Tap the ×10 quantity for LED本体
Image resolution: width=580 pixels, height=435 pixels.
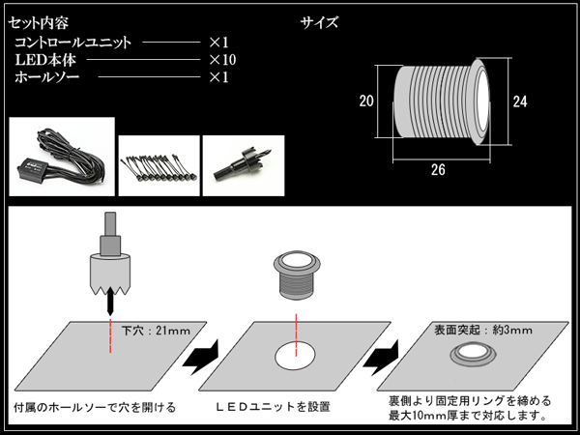coord(222,60)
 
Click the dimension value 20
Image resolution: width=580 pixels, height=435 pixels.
coord(365,101)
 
